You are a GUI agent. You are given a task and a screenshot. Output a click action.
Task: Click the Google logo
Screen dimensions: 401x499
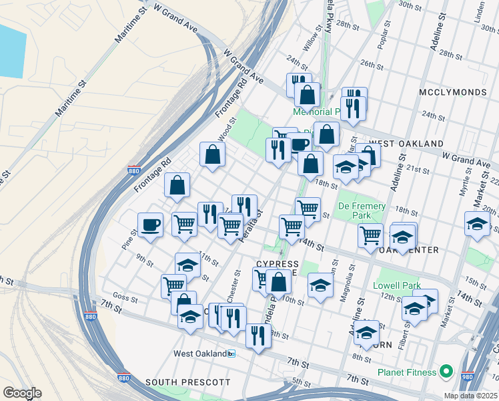(x=21, y=392)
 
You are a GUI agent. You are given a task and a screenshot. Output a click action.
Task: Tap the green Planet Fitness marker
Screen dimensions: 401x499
(x=446, y=372)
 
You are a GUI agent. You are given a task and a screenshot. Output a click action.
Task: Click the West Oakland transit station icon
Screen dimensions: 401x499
(x=231, y=354)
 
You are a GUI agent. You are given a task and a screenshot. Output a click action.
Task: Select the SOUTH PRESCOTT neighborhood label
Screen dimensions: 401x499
(x=188, y=383)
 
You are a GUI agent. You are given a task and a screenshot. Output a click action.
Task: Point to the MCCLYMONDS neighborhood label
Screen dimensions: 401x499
(x=450, y=90)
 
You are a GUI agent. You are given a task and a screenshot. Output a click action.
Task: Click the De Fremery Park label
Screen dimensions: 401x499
(x=362, y=211)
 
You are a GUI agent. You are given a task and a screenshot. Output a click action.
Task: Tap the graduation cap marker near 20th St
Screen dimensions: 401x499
(x=476, y=223)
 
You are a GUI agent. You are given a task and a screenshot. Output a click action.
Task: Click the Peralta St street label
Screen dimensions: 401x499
(x=252, y=225)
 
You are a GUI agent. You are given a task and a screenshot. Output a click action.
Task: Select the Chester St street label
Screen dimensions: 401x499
(x=237, y=282)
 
